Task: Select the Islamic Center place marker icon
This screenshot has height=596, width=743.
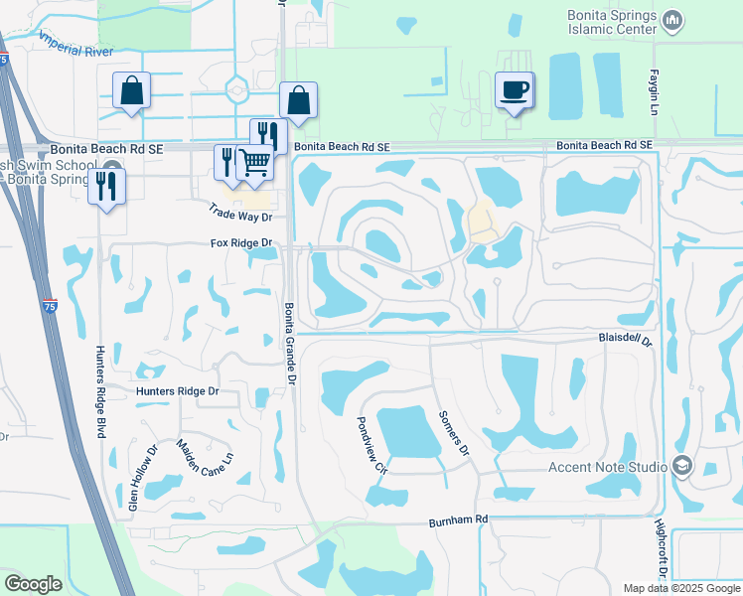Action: click(x=672, y=20)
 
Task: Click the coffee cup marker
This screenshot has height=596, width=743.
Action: click(x=515, y=91)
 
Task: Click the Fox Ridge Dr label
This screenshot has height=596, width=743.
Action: click(x=240, y=243)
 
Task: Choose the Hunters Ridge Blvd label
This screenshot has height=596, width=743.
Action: click(x=99, y=391)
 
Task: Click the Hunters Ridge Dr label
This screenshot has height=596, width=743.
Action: click(x=177, y=391)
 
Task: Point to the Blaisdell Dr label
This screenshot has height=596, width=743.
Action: click(x=624, y=340)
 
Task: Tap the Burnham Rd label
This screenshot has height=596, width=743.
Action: click(x=459, y=520)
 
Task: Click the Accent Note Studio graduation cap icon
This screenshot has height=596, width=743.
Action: click(x=682, y=465)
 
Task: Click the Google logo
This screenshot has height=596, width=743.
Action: click(x=33, y=584)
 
